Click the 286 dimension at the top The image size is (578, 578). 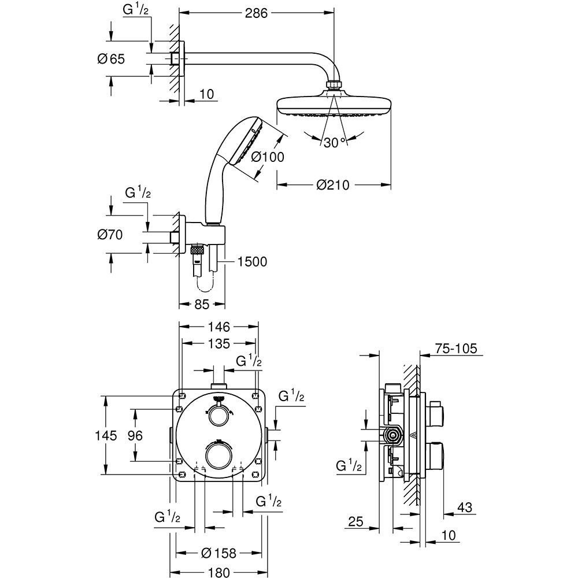tap(256, 13)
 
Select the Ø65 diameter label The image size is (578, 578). tap(112, 58)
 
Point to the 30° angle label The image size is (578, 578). tap(334, 143)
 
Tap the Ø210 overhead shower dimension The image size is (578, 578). tap(334, 185)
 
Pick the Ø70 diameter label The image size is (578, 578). tap(112, 235)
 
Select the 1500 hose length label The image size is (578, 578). tap(251, 262)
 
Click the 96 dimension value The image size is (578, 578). tap(135, 435)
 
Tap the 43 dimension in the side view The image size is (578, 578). tap(464, 507)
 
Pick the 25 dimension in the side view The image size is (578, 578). tap(356, 523)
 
